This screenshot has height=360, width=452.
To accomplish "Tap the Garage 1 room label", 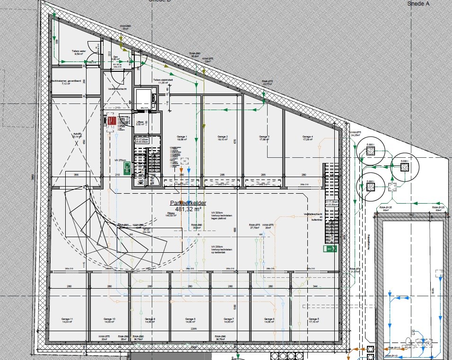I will pyautogui.click(x=183, y=138).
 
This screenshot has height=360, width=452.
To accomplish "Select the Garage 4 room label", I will pyautogui.click(x=308, y=138).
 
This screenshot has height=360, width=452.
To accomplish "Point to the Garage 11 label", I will pyautogui.click(x=67, y=321).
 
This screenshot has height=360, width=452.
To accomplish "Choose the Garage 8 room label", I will pyautogui.click(x=191, y=321).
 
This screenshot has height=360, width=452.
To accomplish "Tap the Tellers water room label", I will pyautogui.click(x=78, y=52).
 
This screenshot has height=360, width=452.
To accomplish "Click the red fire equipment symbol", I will pyautogui.click(x=112, y=121).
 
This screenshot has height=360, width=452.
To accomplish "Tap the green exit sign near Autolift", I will pyautogui.click(x=127, y=166).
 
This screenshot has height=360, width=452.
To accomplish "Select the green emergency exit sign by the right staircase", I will pyautogui.click(x=330, y=248).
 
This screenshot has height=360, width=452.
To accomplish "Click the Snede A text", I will pyautogui.click(x=418, y=3).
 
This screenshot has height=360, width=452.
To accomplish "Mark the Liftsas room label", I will pyautogui.click(x=140, y=123).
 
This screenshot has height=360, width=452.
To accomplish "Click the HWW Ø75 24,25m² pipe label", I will pyautogui.click(x=355, y=133).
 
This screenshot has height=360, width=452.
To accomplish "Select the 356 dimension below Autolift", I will pyautogui.click(x=76, y=175).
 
